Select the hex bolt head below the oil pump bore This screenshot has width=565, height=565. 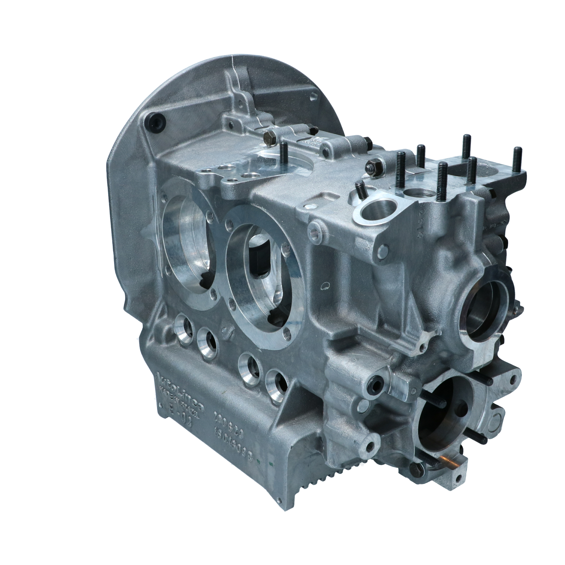pyautogui.click(x=417, y=469)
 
